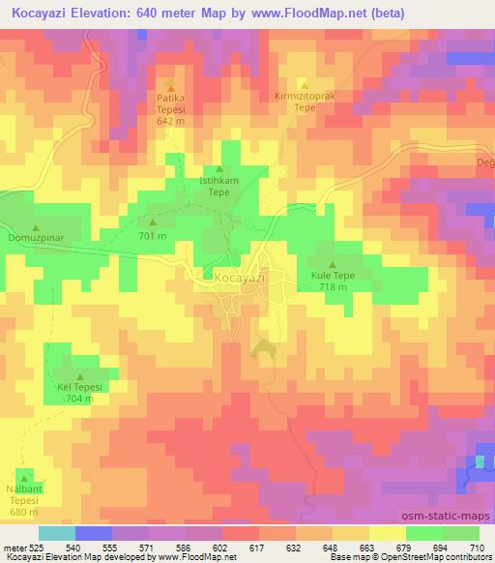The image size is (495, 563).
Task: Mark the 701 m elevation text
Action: coord(152,235)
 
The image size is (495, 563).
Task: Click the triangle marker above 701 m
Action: coord(152,222)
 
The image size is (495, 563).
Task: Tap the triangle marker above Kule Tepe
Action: coord(333,264)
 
